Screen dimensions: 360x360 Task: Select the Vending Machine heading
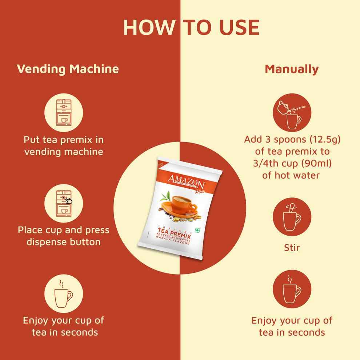click(68, 69)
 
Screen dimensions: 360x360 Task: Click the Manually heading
click(292, 69)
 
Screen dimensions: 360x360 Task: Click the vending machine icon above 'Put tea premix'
click(64, 111)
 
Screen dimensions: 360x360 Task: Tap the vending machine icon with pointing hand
click(64, 204)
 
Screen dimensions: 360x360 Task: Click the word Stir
click(292, 248)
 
